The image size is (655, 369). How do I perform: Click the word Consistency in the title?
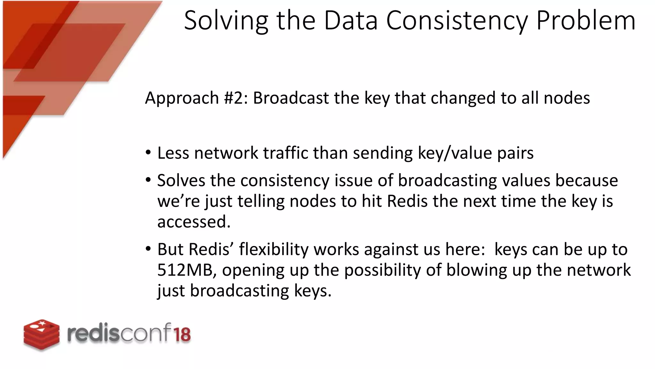(x=457, y=21)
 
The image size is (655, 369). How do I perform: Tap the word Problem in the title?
(x=586, y=21)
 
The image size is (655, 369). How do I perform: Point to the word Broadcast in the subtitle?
(x=291, y=98)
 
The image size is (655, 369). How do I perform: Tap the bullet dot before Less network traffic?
(x=148, y=152)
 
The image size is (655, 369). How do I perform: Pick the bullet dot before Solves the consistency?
(x=148, y=180)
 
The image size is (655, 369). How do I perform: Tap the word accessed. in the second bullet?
(x=194, y=222)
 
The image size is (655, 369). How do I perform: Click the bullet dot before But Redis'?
(x=148, y=249)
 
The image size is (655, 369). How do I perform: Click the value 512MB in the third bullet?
(x=185, y=270)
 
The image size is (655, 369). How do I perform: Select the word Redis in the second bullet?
(x=407, y=201)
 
